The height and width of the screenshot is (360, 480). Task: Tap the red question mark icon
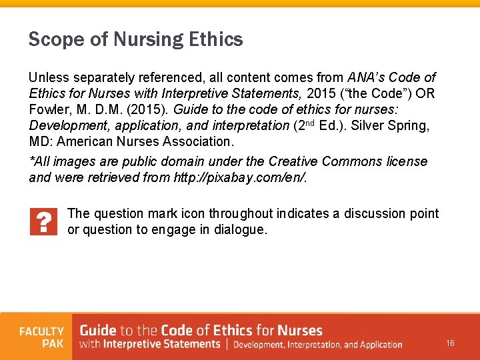[x=43, y=222]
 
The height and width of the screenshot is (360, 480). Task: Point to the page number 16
[x=451, y=343]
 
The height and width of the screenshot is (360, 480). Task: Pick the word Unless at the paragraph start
[x=48, y=77]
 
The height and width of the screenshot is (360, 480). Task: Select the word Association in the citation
[x=195, y=141]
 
